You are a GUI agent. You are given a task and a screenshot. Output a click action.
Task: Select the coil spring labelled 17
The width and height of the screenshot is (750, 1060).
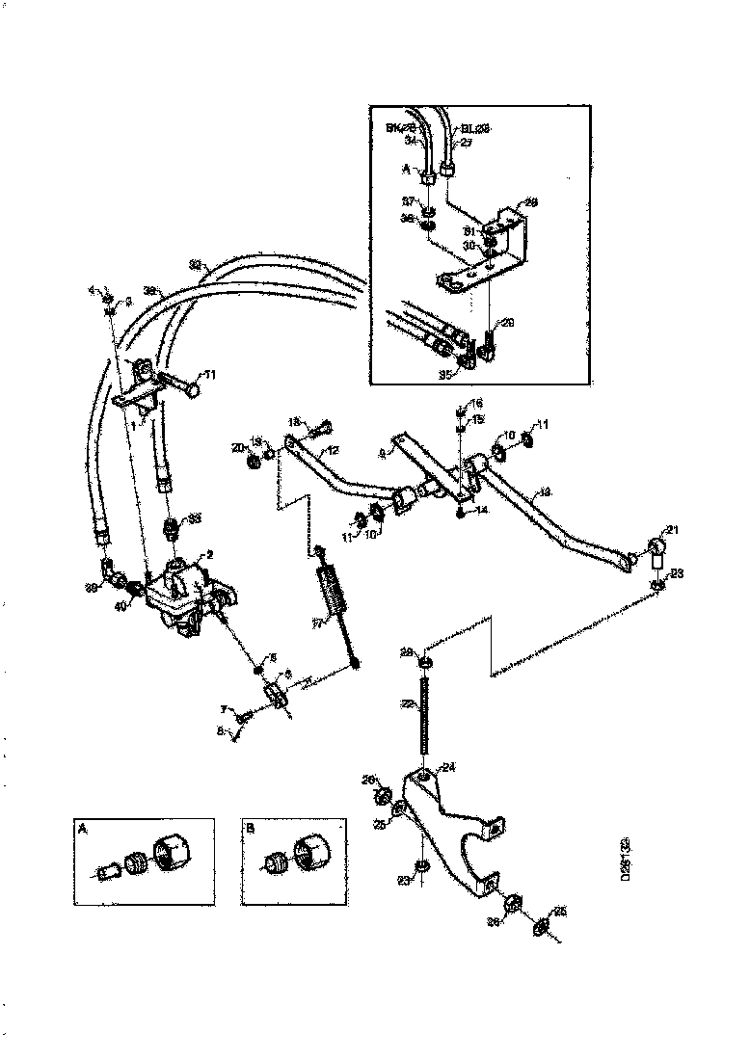[334, 591]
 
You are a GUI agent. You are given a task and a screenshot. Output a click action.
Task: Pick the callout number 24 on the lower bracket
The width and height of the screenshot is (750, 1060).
[448, 768]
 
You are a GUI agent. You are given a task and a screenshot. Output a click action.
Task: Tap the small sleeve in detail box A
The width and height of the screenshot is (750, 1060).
[108, 873]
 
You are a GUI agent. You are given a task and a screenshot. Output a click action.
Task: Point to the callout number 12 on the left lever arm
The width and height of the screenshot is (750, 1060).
[332, 451]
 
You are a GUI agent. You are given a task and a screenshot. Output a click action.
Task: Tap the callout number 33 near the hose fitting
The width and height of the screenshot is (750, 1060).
[195, 517]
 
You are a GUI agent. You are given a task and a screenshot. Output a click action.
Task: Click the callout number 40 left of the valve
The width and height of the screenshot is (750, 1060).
[121, 606]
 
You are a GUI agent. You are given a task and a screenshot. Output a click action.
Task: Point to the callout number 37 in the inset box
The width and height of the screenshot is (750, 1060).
[408, 201]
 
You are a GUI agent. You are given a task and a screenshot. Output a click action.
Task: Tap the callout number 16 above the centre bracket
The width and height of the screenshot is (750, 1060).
[477, 402]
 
